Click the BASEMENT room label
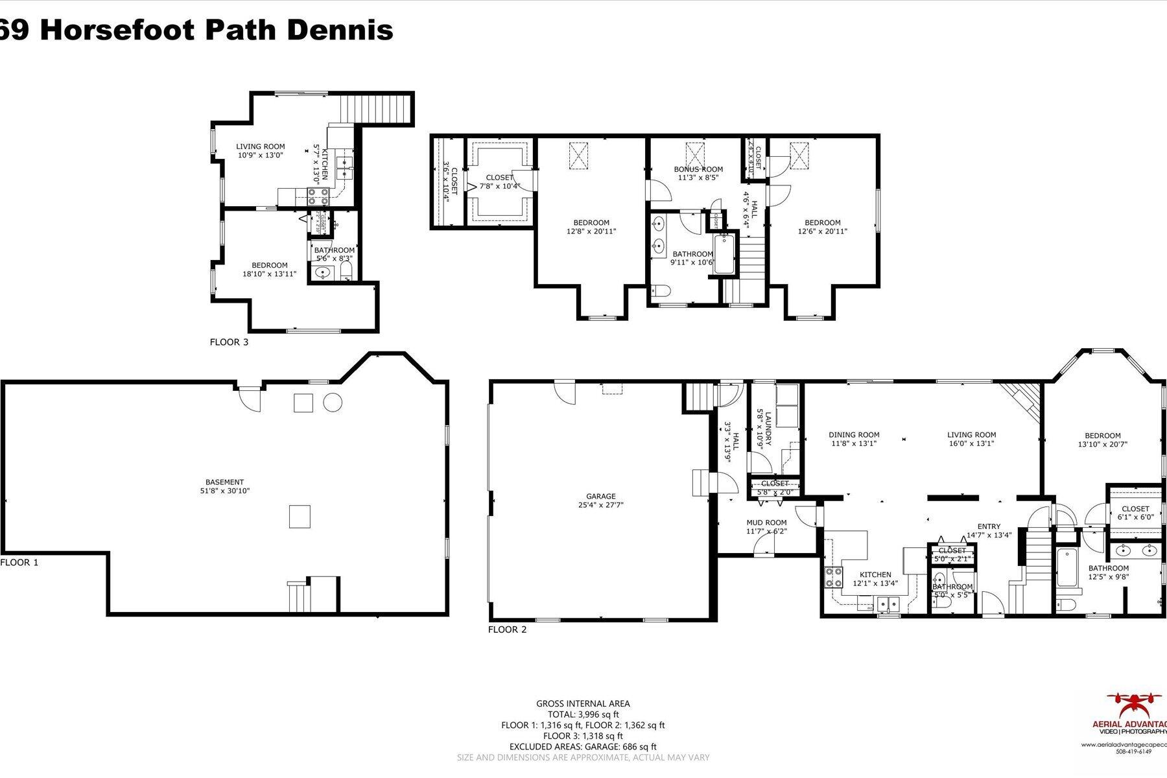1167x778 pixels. (x=224, y=486)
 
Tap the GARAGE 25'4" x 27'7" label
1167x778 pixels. (x=601, y=501)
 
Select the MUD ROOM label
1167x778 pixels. (x=766, y=526)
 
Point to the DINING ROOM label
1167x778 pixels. (x=854, y=439)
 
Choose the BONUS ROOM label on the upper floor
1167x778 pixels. (x=698, y=174)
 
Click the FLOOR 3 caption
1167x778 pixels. (x=229, y=342)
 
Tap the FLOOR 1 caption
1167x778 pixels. (x=19, y=562)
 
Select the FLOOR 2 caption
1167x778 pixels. (x=507, y=629)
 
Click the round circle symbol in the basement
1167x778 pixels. (x=333, y=403)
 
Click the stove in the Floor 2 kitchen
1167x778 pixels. (x=833, y=576)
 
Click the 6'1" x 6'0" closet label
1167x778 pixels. (x=1135, y=513)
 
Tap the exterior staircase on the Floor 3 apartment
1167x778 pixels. (x=377, y=108)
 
